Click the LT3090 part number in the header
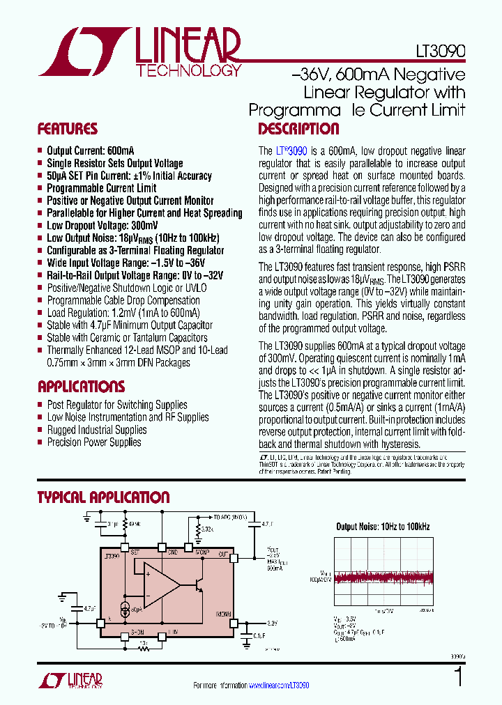pos(438,52)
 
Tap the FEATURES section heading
pos(67,129)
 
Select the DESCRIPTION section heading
pos(298,129)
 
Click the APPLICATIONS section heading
pos(81,387)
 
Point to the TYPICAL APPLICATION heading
pos(103,497)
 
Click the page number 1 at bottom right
pos(458,677)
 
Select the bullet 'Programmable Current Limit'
pos(101,188)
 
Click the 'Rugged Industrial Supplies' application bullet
pos(96,430)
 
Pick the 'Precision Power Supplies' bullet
pos(93,442)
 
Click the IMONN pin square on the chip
pos(234,623)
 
